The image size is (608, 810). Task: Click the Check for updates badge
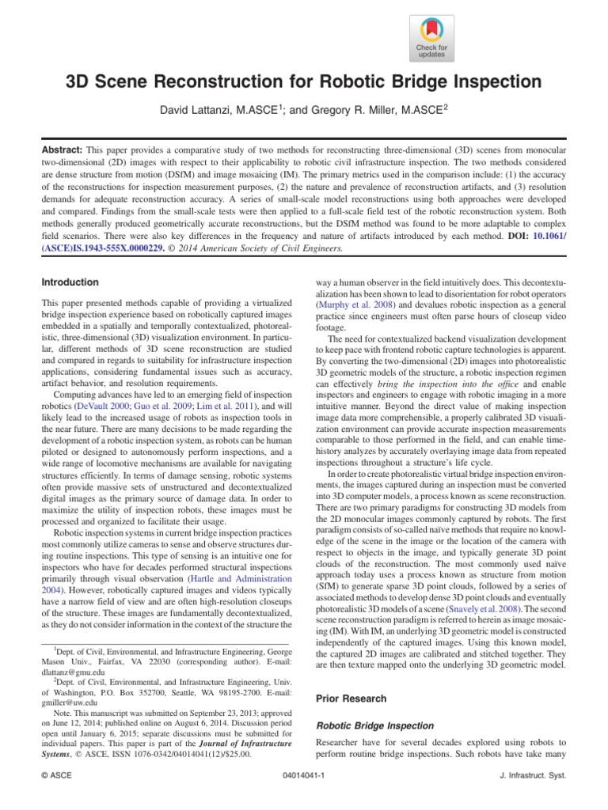point(431,36)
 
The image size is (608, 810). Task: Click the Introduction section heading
point(70,282)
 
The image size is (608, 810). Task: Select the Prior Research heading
point(351,698)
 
